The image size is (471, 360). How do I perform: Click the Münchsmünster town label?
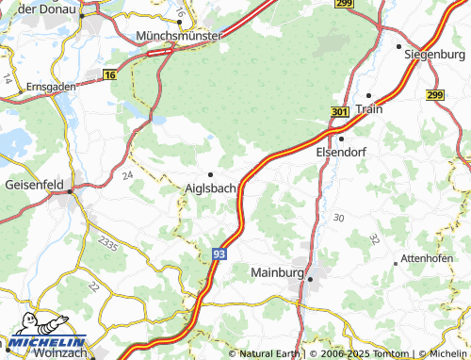[179, 35]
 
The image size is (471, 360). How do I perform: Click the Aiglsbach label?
[211, 188]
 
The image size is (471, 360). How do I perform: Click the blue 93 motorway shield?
[219, 254]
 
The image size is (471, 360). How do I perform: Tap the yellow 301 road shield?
[340, 112]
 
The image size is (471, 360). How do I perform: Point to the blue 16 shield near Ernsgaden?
[110, 74]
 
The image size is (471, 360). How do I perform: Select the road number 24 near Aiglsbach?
[127, 175]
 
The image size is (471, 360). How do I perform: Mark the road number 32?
[375, 239]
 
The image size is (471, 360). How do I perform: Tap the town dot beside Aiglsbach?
[211, 173]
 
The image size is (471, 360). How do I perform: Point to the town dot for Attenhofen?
[395, 263]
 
